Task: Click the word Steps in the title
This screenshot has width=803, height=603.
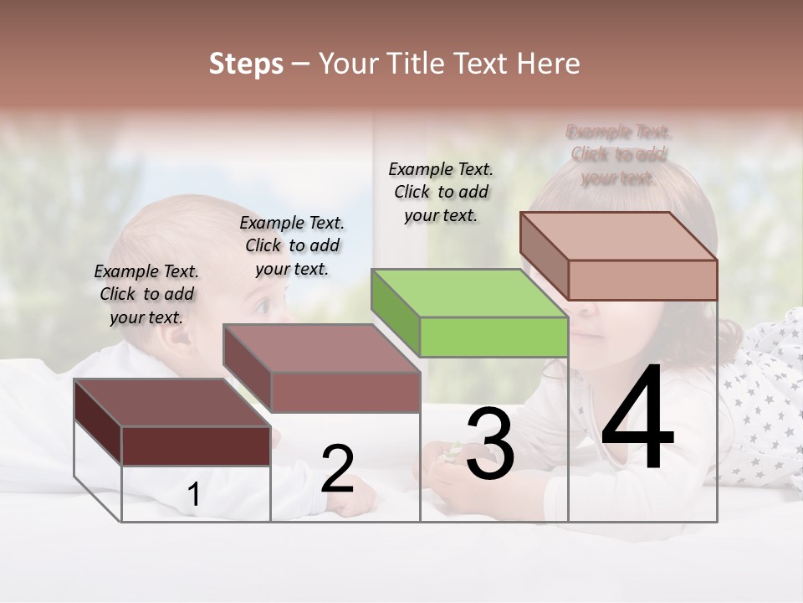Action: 246,64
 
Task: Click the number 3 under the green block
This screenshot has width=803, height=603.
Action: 489,444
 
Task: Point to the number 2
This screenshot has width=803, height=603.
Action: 337,469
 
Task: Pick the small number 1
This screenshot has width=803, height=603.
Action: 193,495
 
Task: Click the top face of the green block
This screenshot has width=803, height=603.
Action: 468,293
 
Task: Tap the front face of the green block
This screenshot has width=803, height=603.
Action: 494,337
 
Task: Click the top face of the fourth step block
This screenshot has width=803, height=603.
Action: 619,235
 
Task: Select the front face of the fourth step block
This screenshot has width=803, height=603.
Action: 642,280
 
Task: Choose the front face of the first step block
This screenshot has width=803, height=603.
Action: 196,446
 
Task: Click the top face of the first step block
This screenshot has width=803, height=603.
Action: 171,403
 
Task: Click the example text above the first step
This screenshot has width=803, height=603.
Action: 146,295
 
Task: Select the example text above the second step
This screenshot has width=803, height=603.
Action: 292,245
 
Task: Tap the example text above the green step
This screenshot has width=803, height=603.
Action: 441,192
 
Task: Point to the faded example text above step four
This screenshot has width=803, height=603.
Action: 618,155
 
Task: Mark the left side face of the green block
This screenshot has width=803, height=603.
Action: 395,312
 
